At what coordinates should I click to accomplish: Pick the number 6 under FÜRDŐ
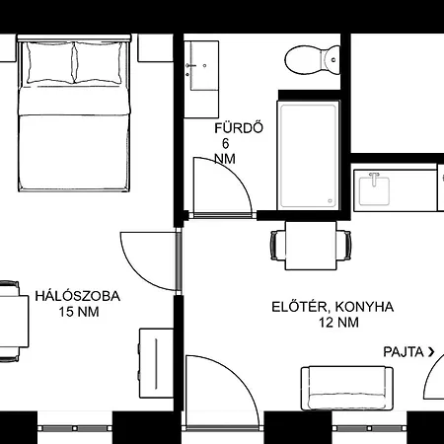click(226, 144)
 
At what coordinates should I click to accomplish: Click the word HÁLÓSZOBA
click(78, 295)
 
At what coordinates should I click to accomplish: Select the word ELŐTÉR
click(300, 307)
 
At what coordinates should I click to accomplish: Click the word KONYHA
click(365, 307)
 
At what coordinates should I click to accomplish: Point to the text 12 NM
click(337, 323)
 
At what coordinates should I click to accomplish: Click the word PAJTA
click(405, 351)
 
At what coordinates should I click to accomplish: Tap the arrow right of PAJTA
click(432, 351)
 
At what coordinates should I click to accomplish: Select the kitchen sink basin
click(374, 187)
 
